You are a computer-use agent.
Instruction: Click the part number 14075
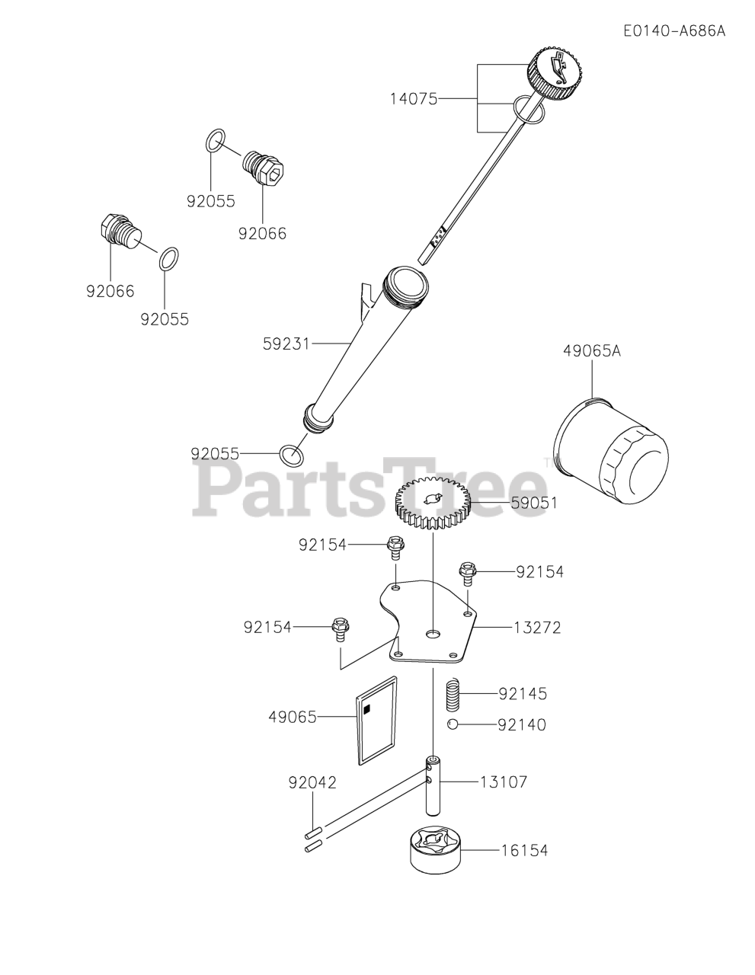(414, 98)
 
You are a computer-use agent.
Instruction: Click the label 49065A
(592, 351)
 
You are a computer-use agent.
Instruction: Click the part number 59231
(286, 344)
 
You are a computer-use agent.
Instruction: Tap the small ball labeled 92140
(453, 724)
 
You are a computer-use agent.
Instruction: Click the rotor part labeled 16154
(437, 850)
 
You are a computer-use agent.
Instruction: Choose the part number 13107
(503, 782)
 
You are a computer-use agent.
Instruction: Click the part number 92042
(312, 782)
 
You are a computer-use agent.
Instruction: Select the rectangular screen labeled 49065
(376, 719)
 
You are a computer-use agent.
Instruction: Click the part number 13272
(537, 628)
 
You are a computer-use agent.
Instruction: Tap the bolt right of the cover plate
(467, 571)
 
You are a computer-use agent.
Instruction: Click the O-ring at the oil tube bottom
(291, 454)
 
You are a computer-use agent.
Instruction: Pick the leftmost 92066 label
(110, 290)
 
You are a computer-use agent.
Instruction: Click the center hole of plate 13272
(433, 634)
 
